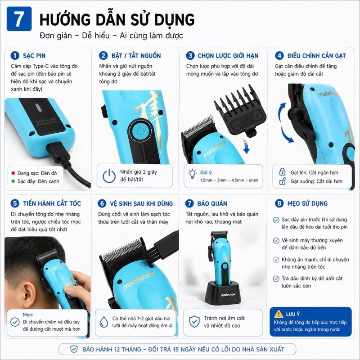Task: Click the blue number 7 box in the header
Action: (x=19, y=19)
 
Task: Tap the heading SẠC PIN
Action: (x=34, y=56)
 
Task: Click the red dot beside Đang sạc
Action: (x=13, y=173)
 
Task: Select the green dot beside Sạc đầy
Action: (x=13, y=181)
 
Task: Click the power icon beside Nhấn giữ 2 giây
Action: (x=109, y=176)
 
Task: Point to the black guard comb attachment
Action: (x=240, y=111)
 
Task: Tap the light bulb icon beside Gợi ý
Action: (x=192, y=174)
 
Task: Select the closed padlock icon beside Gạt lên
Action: (x=282, y=172)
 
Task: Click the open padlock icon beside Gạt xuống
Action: (x=283, y=181)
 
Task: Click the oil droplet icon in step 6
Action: (x=104, y=322)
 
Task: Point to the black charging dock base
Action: (x=223, y=292)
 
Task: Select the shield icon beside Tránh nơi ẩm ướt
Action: (x=194, y=321)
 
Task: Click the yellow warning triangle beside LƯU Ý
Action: (x=279, y=314)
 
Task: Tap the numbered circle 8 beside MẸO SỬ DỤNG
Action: (x=279, y=203)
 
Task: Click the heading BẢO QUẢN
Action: (x=212, y=204)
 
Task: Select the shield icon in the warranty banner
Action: (x=74, y=349)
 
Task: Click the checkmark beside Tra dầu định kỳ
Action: (x=276, y=279)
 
